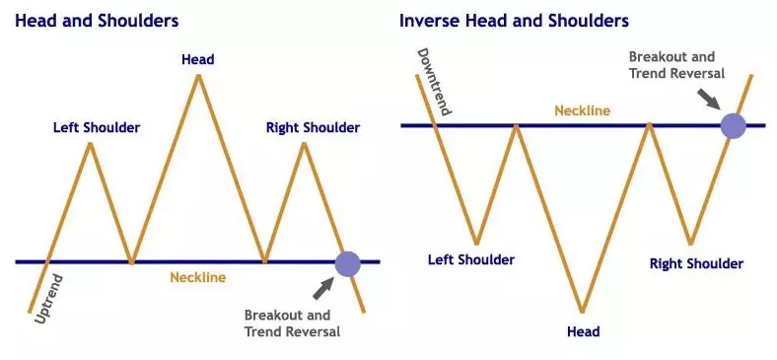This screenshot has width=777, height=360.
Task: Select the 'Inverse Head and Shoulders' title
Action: point(514,21)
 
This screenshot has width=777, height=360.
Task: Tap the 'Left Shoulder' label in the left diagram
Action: point(97,127)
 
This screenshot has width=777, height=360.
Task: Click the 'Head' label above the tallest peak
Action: point(198,59)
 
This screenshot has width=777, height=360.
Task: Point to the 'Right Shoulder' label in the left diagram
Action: point(313,127)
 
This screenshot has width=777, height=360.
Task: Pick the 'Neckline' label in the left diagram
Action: point(198,277)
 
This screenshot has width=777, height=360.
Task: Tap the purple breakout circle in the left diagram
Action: point(347,263)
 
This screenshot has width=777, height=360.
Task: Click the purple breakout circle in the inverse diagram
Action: point(733,125)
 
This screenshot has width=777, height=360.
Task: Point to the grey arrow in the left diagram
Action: point(321,287)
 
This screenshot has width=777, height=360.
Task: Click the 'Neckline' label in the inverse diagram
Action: point(582,110)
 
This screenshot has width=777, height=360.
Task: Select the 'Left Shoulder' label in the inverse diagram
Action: point(471,260)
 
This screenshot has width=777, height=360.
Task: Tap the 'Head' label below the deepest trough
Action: point(583,331)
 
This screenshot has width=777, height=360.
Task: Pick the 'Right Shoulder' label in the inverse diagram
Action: point(696,263)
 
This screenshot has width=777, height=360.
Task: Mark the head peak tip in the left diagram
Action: point(199,75)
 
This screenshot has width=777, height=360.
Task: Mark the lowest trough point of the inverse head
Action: point(583,312)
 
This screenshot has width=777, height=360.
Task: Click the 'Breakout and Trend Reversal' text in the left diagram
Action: point(292,324)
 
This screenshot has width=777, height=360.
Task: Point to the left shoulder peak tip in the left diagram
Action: point(91,144)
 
